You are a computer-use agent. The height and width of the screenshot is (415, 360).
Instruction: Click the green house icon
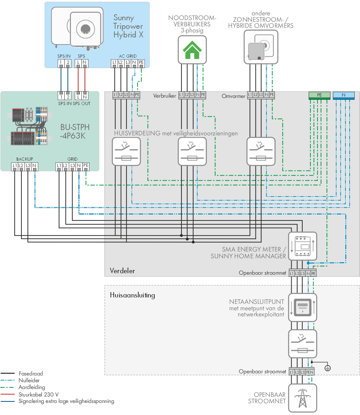tap(192, 50)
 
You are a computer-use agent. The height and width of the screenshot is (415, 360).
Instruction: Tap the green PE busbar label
tap(319, 95)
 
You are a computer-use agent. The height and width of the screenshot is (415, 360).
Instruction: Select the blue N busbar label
tap(344, 95)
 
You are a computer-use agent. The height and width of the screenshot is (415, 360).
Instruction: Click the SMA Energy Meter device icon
tap(303, 246)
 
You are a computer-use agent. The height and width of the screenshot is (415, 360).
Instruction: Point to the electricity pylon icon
tap(303, 398)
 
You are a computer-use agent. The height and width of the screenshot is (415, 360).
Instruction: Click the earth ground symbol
tap(328, 368)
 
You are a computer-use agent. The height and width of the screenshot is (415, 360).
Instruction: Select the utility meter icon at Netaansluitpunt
tap(303, 307)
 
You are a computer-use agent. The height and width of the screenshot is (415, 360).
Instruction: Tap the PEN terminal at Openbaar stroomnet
tap(310, 372)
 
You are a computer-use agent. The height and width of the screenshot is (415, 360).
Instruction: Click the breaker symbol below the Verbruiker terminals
tap(192, 152)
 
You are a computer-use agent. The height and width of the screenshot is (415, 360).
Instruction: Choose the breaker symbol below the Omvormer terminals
tap(261, 152)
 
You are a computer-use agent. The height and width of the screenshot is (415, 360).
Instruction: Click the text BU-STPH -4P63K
tap(74, 131)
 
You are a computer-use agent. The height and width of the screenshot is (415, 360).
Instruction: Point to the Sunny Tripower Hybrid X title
tap(128, 26)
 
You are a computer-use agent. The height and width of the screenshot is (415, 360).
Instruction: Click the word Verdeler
tap(122, 271)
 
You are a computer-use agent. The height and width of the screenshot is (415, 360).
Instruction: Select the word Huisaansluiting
tap(133, 295)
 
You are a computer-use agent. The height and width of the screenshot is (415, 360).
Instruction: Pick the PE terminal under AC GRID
tap(141, 63)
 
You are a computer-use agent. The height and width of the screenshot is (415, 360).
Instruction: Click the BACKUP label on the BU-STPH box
tap(25, 159)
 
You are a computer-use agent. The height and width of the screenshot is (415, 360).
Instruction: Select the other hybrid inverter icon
tap(261, 47)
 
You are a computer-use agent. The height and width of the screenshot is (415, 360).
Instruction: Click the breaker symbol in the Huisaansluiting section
tap(303, 344)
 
